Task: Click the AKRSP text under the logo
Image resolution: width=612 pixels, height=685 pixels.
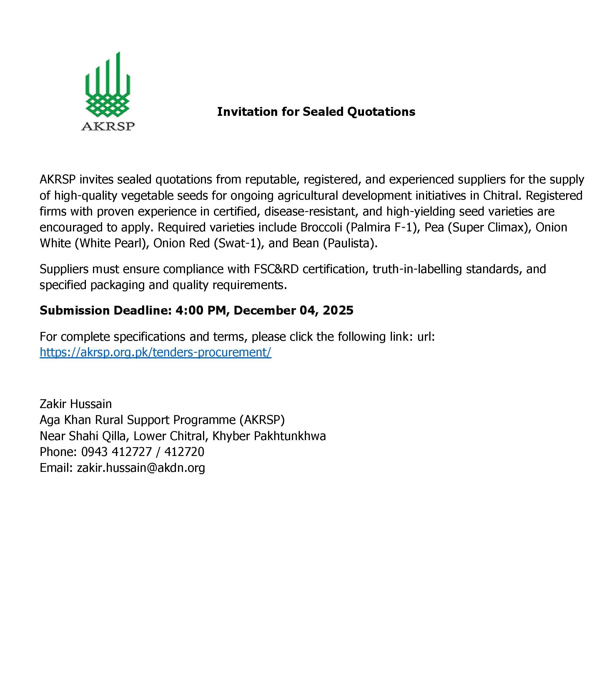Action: pyautogui.click(x=108, y=126)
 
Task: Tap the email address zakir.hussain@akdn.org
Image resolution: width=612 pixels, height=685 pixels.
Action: pyautogui.click(x=141, y=467)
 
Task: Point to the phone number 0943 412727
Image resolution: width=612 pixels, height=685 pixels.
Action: pyautogui.click(x=116, y=452)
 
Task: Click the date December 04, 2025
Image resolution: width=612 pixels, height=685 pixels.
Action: pyautogui.click(x=293, y=310)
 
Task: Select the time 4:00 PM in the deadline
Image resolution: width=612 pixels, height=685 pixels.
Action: pyautogui.click(x=201, y=310)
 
